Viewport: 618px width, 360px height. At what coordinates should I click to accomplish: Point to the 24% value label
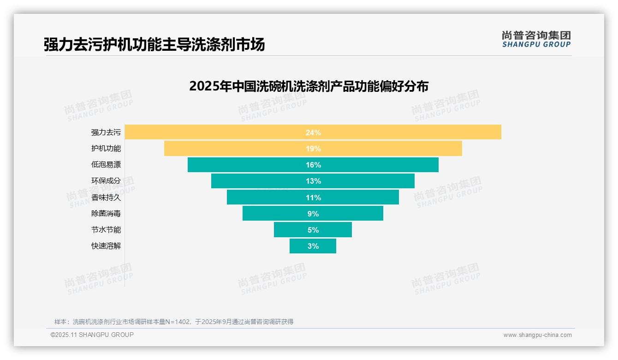(x=313, y=132)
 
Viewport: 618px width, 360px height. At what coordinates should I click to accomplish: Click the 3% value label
(x=313, y=246)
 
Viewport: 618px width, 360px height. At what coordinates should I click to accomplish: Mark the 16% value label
(x=313, y=165)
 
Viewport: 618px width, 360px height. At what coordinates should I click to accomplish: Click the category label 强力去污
(x=106, y=132)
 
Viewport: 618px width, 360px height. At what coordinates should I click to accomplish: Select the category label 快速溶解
(x=106, y=246)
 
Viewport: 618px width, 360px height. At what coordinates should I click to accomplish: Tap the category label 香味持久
(x=106, y=197)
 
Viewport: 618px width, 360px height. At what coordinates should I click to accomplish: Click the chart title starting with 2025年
(x=309, y=86)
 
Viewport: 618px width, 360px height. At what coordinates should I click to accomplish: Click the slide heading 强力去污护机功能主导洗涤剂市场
(x=154, y=45)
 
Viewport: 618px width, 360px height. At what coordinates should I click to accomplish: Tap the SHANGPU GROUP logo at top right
(x=536, y=39)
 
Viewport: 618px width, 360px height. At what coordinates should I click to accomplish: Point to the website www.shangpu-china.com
(x=537, y=335)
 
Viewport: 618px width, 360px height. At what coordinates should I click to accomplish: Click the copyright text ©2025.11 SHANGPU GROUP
(x=92, y=335)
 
